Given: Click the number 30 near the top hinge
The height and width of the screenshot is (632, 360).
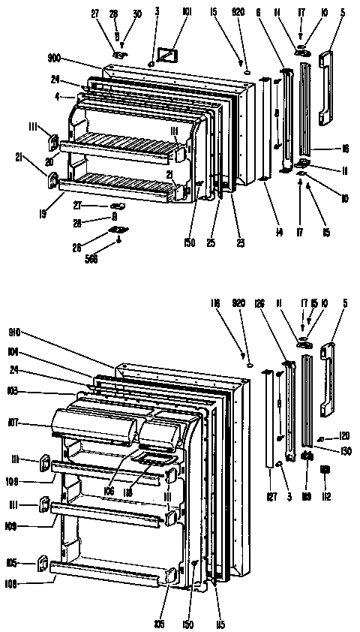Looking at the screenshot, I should click(137, 14).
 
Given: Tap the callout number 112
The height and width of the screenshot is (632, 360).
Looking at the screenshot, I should click(326, 496).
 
